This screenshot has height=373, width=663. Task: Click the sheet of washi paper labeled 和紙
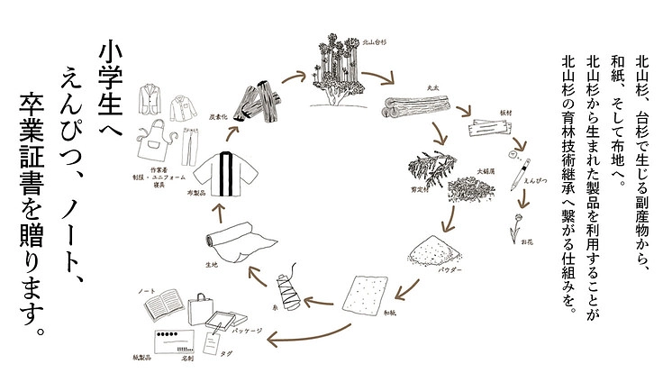tap(368, 293)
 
